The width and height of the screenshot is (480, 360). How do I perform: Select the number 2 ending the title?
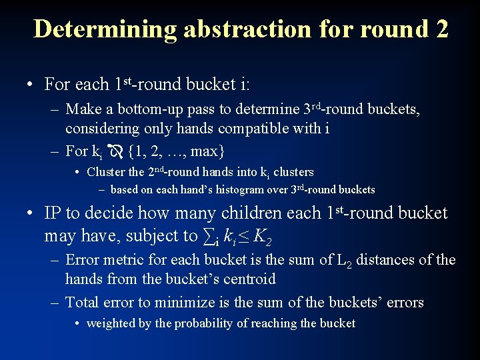tap(440, 29)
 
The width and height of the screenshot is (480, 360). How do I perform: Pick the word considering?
tap(101, 128)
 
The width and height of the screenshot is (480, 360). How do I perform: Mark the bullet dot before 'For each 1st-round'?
tap(29, 85)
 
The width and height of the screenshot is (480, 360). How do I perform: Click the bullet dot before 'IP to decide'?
tap(29, 214)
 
